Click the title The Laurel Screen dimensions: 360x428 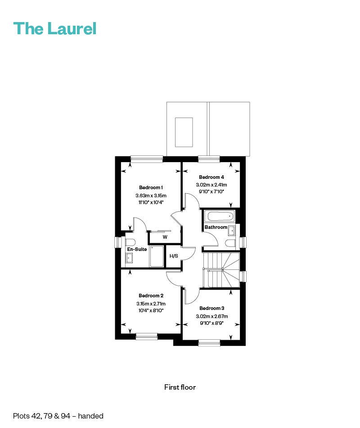(x=55, y=28)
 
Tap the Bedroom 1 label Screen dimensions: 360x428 (x=151, y=187)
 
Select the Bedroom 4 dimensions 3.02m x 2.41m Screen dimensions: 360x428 (x=211, y=185)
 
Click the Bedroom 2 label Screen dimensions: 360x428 (x=151, y=296)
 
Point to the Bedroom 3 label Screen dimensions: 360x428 (x=211, y=308)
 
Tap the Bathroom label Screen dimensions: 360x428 (x=216, y=227)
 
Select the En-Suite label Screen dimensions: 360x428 (x=137, y=249)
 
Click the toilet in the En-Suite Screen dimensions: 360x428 (x=130, y=242)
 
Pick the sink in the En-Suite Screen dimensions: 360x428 (x=129, y=258)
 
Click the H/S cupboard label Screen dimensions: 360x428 (x=174, y=256)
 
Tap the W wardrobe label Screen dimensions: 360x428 (x=165, y=237)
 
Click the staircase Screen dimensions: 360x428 (x=221, y=270)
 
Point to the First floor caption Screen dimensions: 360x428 (x=180, y=387)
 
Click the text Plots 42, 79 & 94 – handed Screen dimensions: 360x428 (x=58, y=416)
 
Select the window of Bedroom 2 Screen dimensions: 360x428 (x=146, y=336)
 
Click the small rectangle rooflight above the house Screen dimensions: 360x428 (x=184, y=132)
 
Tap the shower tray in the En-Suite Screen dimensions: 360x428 (x=157, y=256)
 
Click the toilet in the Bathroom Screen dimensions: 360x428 (x=231, y=243)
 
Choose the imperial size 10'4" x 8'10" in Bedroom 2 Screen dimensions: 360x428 (x=151, y=310)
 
